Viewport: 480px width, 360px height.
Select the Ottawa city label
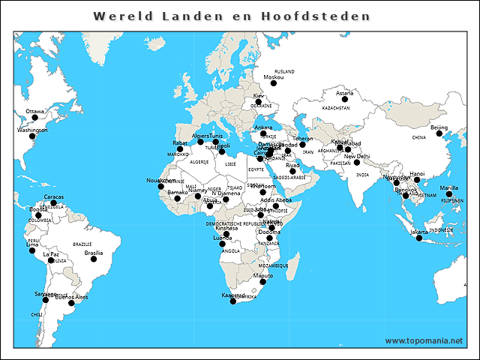pyautogui.click(x=35, y=112)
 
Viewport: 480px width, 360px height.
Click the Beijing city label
pyautogui.click(x=439, y=128)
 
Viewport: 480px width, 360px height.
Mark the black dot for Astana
pyautogui.click(x=343, y=100)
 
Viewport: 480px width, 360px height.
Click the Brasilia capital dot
pyautogui.click(x=94, y=259)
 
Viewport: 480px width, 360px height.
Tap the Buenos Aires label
pyautogui.click(x=72, y=297)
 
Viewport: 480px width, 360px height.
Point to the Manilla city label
pyautogui.click(x=448, y=187)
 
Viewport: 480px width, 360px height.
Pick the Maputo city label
pyautogui.click(x=263, y=275)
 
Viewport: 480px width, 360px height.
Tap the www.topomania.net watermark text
pyautogui.click(x=424, y=341)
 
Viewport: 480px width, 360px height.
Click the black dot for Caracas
pyautogui.click(x=53, y=203)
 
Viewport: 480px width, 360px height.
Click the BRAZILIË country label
pyautogui.click(x=82, y=244)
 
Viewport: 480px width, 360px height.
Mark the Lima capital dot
pyautogui.click(x=31, y=250)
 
